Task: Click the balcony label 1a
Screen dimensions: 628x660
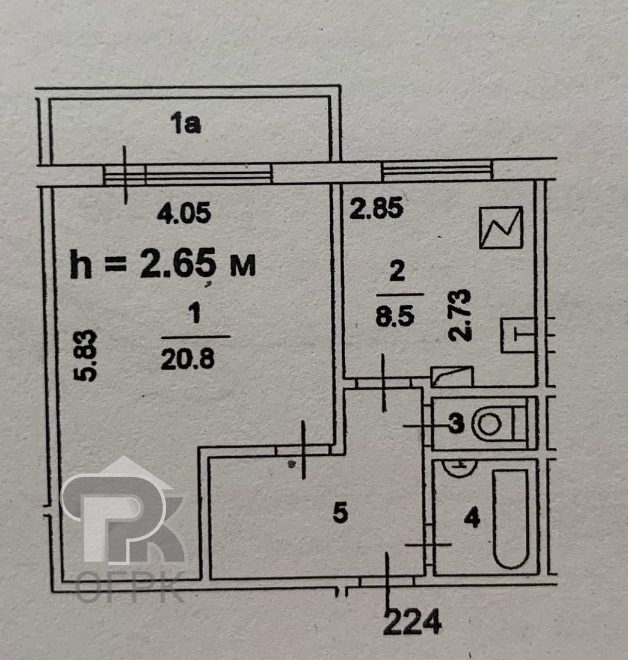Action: (185, 123)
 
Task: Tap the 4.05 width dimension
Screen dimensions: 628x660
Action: (184, 212)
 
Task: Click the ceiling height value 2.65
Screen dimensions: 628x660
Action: (178, 263)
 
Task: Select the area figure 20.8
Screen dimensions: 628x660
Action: (187, 359)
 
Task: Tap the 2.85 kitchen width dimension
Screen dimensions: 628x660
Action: (376, 208)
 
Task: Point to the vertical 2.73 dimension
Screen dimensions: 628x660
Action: (460, 316)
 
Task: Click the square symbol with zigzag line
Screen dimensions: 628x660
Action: (501, 227)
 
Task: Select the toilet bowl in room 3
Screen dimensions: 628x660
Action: (497, 424)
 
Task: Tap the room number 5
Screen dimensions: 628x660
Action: (340, 513)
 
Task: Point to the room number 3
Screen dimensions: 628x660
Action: (457, 424)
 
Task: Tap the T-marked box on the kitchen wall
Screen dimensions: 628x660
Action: (518, 335)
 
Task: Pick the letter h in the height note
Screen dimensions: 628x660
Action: (80, 263)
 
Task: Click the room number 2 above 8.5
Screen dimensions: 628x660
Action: (397, 272)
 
